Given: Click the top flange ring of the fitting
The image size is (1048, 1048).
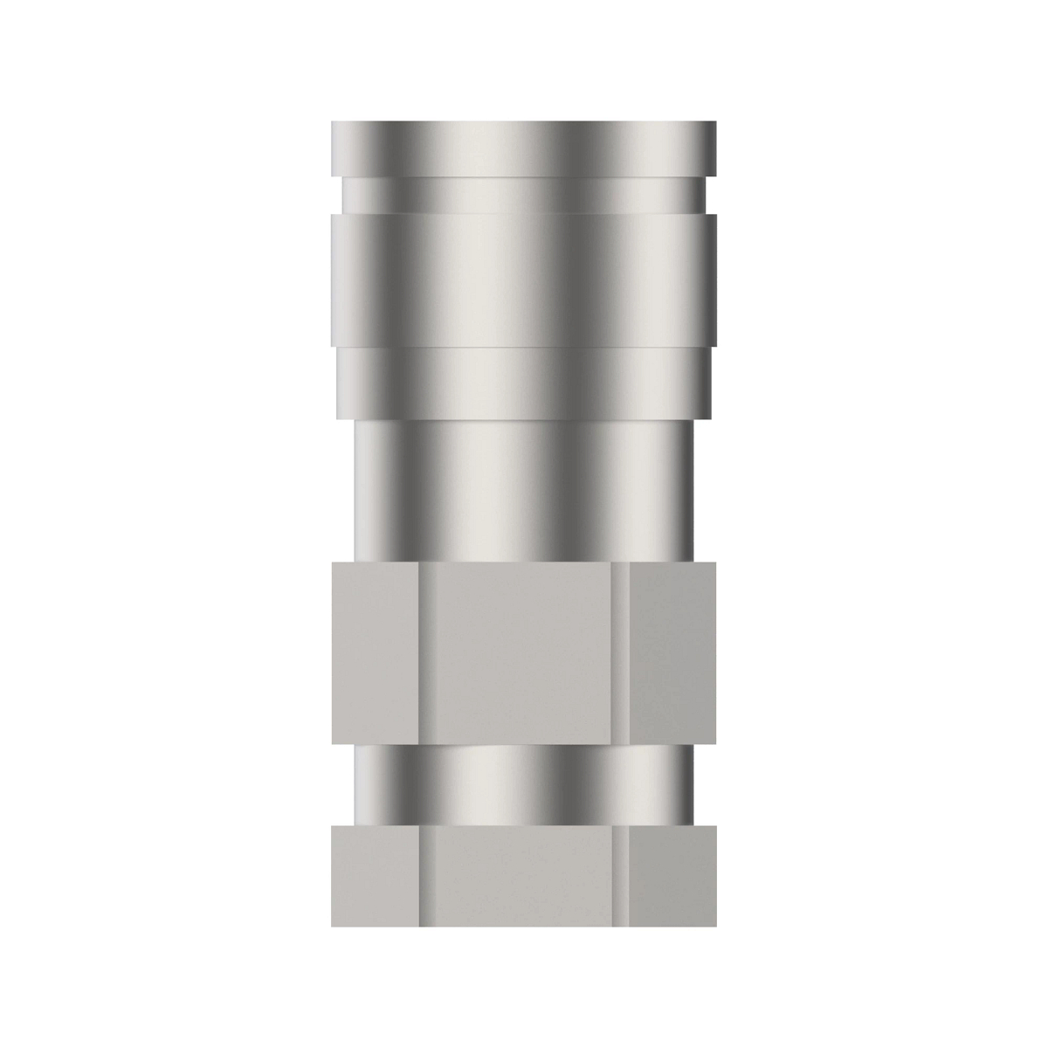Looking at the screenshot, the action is click(524, 148).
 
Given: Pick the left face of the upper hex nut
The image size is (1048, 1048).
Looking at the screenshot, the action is click(376, 652).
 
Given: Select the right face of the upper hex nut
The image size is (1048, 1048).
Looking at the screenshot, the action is click(672, 652).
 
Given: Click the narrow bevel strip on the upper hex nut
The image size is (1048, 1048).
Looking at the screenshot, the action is click(620, 652).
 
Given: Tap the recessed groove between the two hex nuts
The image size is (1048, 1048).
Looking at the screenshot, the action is click(524, 783).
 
